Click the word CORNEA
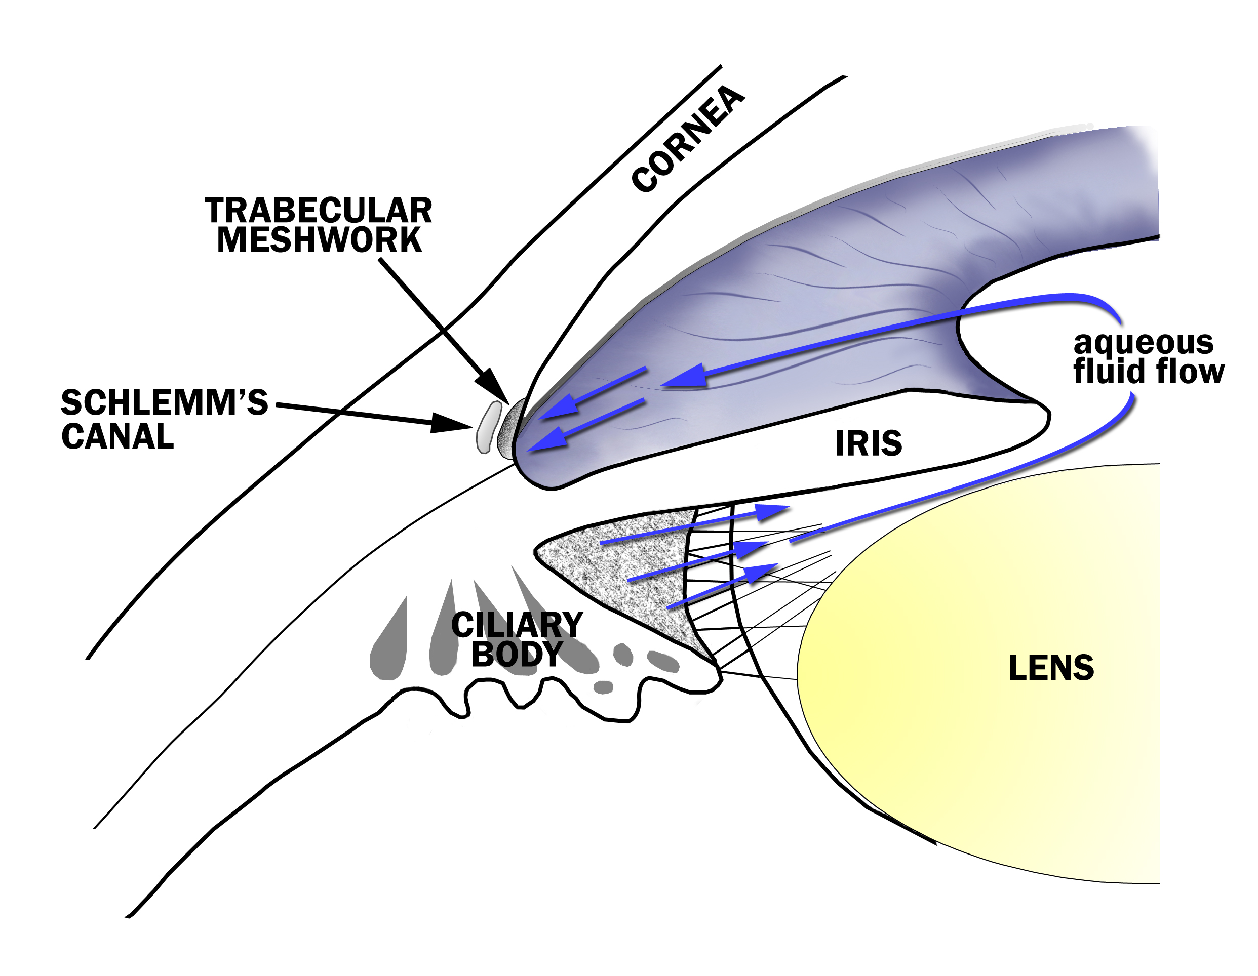688,138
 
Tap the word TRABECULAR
319,211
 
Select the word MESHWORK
319,240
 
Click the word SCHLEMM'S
164,402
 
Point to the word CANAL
117,436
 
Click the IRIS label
868,443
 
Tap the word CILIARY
517,625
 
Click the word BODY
517,654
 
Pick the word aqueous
1144,343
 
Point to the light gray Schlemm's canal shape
488,427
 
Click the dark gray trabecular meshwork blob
510,429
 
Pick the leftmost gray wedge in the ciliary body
390,645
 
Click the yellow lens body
979,749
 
